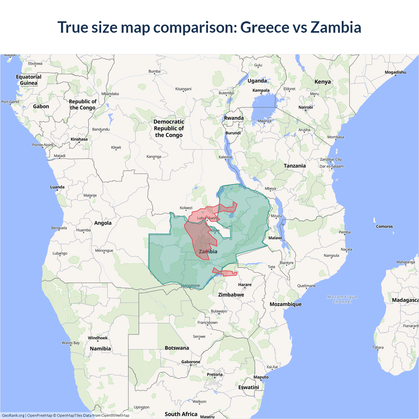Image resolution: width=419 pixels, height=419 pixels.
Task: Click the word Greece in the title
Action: (264, 27)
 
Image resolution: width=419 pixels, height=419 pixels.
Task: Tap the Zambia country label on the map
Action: (208, 251)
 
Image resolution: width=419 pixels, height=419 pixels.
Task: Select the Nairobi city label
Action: (305, 107)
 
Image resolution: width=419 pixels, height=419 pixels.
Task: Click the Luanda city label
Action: (57, 187)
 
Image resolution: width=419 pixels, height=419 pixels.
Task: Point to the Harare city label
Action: (245, 284)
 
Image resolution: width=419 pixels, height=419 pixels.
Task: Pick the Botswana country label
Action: (177, 348)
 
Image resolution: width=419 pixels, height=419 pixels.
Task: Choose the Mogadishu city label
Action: (395, 72)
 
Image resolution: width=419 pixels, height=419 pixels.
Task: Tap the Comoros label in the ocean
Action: (384, 226)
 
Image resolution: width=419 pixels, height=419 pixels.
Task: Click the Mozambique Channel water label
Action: (342, 299)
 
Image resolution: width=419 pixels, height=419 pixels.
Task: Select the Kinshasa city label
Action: (79, 139)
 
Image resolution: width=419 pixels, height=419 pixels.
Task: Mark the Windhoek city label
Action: (98, 338)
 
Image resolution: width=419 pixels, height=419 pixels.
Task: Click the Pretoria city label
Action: (214, 374)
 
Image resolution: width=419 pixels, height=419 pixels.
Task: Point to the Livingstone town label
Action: (191, 285)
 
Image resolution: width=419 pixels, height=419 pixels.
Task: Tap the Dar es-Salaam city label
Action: (332, 166)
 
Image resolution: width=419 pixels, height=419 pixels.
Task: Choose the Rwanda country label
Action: (234, 118)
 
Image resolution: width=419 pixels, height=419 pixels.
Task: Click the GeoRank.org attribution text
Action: (13, 415)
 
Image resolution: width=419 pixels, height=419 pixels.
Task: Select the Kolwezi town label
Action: (186, 208)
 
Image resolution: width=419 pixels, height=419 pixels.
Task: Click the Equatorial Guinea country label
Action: (29, 80)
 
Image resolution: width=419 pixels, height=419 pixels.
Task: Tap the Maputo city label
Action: (261, 377)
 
